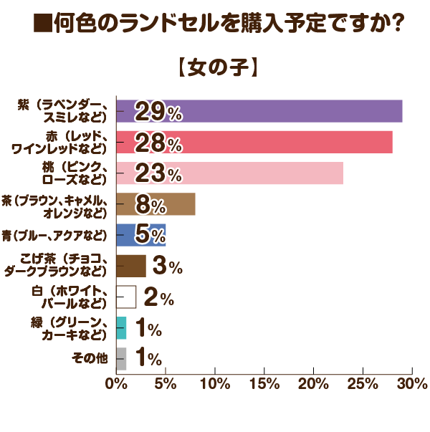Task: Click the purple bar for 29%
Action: tap(287, 112)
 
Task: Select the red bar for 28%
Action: tap(287, 143)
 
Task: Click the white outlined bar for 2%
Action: tap(125, 297)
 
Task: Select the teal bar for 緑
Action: tap(121, 327)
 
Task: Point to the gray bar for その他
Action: tap(121, 358)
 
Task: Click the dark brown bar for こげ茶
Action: tap(130, 266)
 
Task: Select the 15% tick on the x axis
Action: tap(264, 384)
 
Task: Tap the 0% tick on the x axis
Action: tap(116, 384)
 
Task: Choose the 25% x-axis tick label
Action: tap(363, 384)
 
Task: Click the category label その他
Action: tap(90, 359)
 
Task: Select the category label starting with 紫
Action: tap(64, 112)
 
